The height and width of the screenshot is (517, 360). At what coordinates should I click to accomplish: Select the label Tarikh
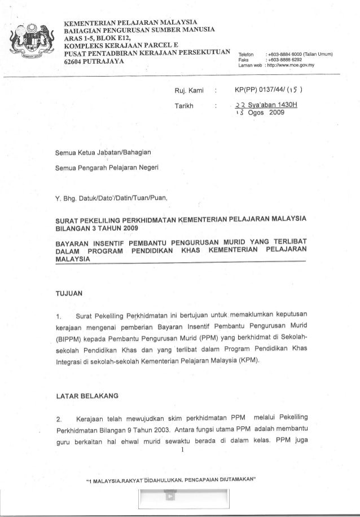coord(186,105)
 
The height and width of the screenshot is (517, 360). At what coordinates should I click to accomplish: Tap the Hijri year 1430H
coord(291,105)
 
